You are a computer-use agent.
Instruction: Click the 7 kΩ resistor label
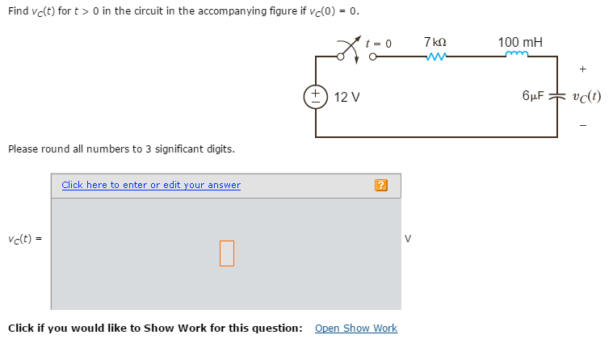tap(435, 41)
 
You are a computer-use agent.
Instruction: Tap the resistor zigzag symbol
tap(435, 57)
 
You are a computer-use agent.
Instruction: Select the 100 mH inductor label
tap(520, 41)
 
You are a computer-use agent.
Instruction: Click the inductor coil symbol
tap(516, 56)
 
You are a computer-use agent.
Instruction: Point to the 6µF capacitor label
tap(534, 96)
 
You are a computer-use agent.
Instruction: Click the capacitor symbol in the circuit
tap(556, 96)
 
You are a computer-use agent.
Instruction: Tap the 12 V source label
tap(346, 97)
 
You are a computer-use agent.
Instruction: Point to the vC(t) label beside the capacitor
tap(586, 96)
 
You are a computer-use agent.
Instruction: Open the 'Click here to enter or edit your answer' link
tap(151, 185)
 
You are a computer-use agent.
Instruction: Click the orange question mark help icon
tap(381, 186)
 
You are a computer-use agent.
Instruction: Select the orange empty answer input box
tap(226, 253)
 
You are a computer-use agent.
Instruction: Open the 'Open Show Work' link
tap(355, 328)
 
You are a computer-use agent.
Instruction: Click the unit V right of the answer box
tap(408, 239)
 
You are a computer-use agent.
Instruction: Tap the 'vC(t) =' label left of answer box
tap(25, 239)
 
